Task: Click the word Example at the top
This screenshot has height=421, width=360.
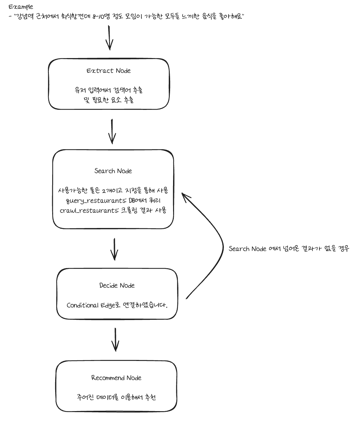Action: coord(21,7)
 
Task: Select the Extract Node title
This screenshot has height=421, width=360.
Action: coord(109,71)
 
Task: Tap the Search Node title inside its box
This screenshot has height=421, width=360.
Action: coord(113,171)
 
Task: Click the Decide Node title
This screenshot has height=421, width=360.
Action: coord(117,285)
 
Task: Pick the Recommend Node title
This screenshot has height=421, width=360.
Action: coord(116,378)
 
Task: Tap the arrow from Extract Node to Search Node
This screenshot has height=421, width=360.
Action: coord(112,131)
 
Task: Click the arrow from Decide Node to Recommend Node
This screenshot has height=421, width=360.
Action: coord(115,339)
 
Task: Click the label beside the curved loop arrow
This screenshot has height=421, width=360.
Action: coord(289,249)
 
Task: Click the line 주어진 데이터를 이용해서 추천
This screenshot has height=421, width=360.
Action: coord(116,397)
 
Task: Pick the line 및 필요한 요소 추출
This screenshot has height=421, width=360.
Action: coord(109,100)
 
